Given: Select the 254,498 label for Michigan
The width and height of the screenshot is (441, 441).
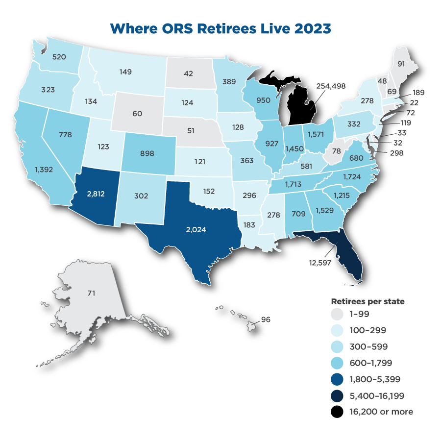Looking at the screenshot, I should point(332,86).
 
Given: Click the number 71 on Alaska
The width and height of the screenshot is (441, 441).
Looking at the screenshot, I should point(91,293).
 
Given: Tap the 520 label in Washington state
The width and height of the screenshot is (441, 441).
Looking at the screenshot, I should point(59,56).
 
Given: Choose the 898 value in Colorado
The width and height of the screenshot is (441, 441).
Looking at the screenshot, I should point(147,153).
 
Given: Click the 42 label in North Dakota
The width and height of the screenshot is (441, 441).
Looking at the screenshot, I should point(188,74).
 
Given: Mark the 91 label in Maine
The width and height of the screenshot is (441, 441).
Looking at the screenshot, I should point(401,64).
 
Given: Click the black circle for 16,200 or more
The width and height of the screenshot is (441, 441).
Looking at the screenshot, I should point(337,412).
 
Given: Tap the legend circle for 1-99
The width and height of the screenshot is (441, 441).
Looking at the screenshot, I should point(337,314).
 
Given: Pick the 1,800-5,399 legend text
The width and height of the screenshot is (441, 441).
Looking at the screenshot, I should point(374,379).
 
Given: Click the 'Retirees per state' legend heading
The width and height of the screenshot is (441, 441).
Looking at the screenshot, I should point(367,301).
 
